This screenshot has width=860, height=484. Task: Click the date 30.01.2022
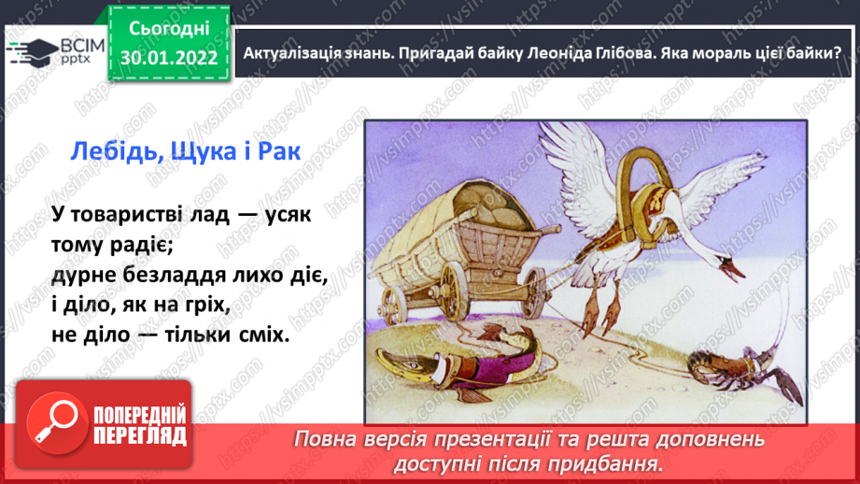(169, 58)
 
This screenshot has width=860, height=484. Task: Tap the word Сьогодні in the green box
(169, 29)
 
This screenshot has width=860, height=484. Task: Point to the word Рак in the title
(280, 151)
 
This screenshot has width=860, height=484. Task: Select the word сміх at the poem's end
(264, 335)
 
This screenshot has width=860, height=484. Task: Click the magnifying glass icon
(57, 423)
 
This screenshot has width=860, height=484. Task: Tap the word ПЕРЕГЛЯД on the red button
(140, 436)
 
